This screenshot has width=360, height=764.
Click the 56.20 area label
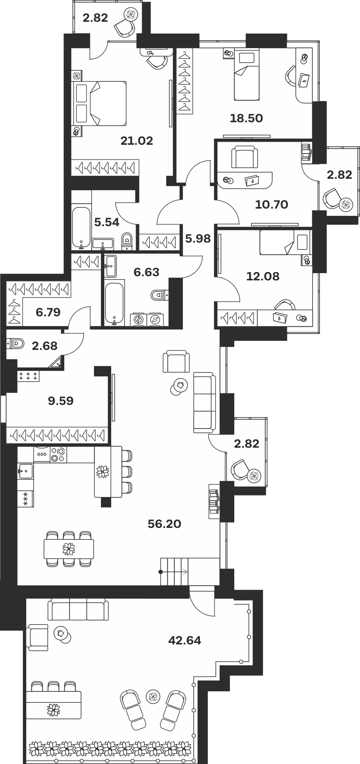(164, 524)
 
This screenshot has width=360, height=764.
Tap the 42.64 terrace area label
(185, 640)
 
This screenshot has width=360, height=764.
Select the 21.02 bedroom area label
(137, 141)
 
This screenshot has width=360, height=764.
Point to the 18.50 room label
(246, 118)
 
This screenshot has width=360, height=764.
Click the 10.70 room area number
(272, 204)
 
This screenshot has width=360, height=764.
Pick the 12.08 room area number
(263, 276)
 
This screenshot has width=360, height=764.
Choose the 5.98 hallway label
(198, 239)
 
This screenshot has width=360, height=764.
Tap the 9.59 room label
(61, 401)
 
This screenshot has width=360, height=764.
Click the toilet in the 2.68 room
(16, 343)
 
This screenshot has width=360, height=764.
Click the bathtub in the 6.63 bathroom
(114, 303)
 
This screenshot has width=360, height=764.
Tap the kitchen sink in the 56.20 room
(25, 471)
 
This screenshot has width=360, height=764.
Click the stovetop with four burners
(58, 455)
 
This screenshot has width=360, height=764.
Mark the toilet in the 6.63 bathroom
(160, 295)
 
